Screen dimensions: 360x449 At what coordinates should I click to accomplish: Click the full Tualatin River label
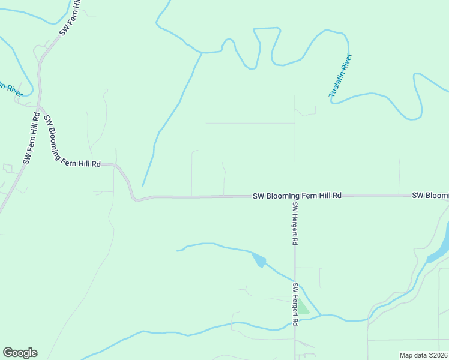click(340, 76)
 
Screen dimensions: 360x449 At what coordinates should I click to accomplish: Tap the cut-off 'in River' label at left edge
click(11, 89)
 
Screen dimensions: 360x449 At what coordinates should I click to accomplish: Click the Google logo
click(20, 353)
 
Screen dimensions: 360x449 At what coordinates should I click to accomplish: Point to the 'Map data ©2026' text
click(424, 355)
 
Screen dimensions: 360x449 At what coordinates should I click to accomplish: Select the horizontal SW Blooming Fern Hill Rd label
click(297, 196)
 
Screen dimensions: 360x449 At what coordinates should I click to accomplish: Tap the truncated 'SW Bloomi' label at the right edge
click(430, 196)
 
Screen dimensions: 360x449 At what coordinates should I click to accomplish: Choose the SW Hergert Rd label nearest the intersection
click(295, 223)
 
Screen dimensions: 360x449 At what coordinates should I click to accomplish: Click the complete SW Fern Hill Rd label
click(31, 139)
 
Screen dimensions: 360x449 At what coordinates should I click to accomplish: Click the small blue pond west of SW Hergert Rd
click(259, 260)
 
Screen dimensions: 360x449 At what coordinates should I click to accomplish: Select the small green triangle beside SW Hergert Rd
click(303, 308)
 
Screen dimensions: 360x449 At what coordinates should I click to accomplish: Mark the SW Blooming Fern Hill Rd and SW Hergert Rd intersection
click(295, 196)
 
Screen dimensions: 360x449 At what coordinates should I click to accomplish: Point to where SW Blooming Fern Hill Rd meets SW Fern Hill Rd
click(40, 107)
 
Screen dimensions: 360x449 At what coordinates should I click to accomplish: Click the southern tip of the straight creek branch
click(142, 185)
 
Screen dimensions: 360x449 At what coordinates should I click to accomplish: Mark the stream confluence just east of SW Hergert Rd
click(320, 315)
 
